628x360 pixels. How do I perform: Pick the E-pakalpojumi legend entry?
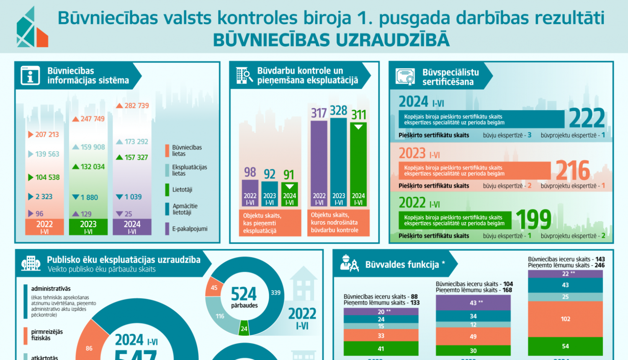189,229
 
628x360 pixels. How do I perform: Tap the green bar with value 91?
289,195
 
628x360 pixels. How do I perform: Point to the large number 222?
587,118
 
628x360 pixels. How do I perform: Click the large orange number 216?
573,170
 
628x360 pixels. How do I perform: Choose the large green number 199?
533,219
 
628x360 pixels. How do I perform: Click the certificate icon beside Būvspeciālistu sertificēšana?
405,77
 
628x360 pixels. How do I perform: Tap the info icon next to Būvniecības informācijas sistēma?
31,76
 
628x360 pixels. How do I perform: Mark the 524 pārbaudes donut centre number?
244,294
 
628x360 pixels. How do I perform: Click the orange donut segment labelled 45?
214,288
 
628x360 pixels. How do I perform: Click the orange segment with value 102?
565,319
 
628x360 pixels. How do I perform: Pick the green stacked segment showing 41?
381,348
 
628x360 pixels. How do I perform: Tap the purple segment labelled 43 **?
473,303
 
